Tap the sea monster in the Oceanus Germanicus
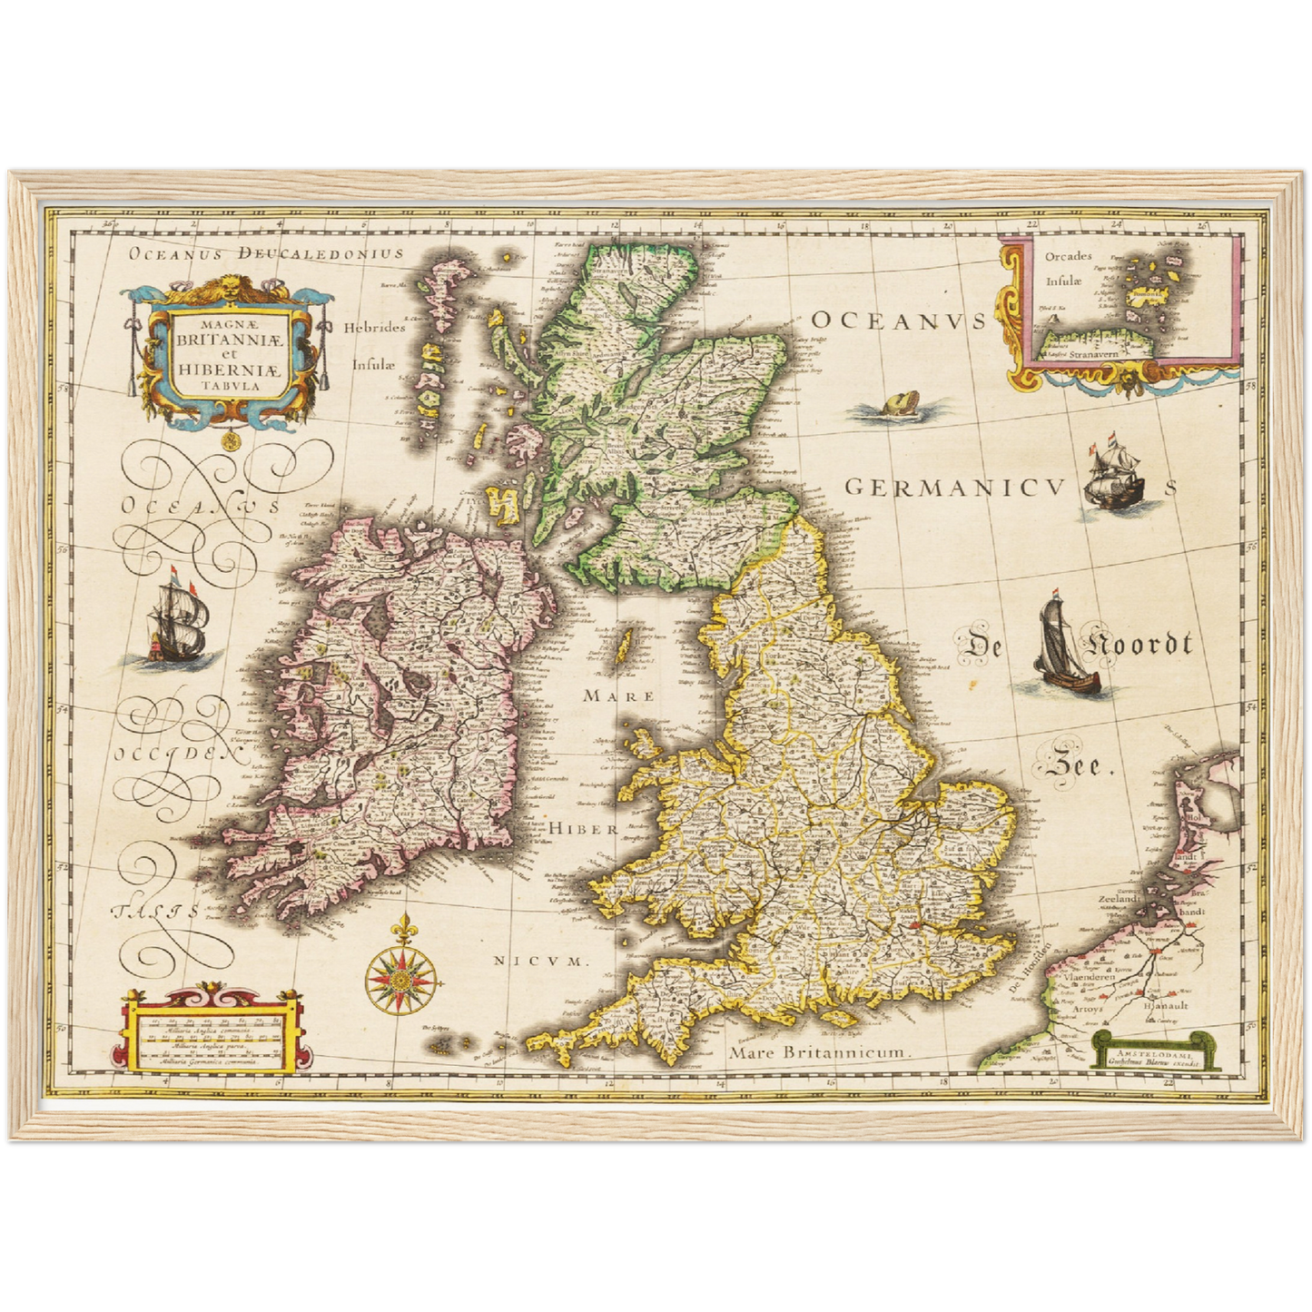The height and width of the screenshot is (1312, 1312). (895, 406)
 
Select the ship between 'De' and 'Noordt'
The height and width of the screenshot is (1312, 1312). (1063, 646)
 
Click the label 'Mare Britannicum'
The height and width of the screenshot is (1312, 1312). (818, 1052)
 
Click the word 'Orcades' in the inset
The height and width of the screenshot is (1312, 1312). (1068, 256)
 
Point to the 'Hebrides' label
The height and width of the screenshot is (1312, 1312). (374, 328)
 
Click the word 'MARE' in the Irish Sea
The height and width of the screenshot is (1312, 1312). (618, 696)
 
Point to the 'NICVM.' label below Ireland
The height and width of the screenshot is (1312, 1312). (541, 960)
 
